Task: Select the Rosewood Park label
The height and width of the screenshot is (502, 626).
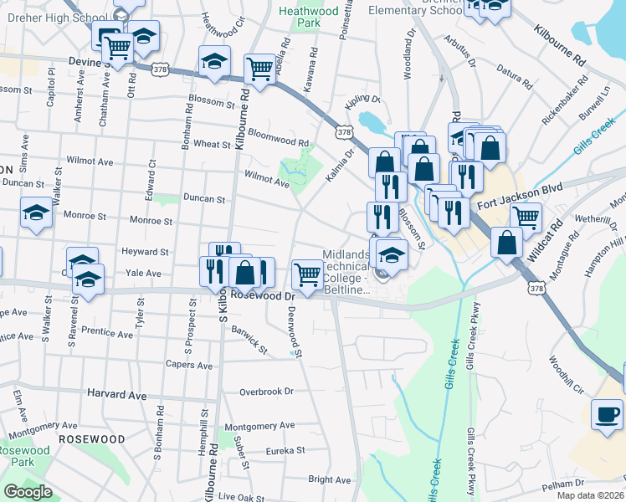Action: (x=23, y=456)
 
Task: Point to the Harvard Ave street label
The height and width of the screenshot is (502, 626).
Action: (x=115, y=394)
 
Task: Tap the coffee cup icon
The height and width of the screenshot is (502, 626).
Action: (x=607, y=414)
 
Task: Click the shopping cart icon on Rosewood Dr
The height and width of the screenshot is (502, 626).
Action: (x=308, y=274)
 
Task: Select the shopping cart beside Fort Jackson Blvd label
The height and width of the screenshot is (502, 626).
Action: (x=526, y=218)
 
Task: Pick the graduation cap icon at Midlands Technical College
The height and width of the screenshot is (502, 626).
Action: (x=390, y=254)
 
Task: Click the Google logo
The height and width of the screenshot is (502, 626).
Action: (x=28, y=491)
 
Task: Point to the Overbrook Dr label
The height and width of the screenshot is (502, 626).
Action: (x=267, y=392)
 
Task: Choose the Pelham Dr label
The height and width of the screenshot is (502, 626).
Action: (x=560, y=485)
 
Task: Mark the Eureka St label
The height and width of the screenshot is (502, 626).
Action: (x=284, y=450)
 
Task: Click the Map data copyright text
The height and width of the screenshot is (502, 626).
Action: (x=590, y=495)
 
